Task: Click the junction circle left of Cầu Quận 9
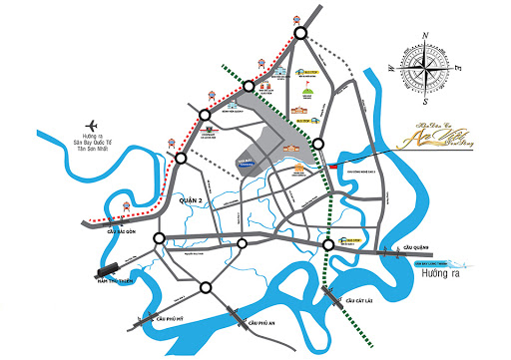click(328, 245)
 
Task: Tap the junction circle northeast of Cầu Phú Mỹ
click(206, 289)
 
